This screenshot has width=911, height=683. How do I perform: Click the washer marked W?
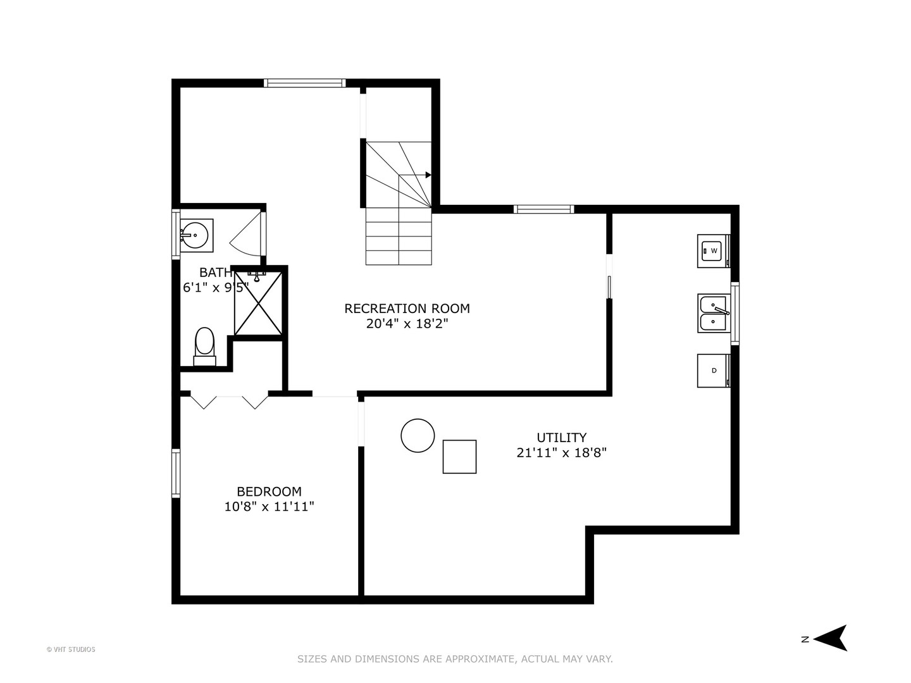click(x=714, y=251)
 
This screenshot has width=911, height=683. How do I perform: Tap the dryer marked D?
click(x=714, y=371)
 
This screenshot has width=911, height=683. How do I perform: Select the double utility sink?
click(x=714, y=313)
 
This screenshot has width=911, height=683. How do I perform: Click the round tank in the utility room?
click(x=418, y=436)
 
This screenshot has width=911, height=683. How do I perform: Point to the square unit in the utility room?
click(x=459, y=457)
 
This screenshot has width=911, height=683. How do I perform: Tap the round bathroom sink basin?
click(x=195, y=235)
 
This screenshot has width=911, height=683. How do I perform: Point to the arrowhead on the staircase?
click(x=428, y=175)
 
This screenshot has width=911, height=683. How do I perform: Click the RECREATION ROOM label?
click(x=407, y=309)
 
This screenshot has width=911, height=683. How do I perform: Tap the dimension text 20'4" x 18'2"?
click(x=407, y=323)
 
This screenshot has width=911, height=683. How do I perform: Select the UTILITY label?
click(x=562, y=438)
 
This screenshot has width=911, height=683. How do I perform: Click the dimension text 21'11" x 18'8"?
click(x=562, y=452)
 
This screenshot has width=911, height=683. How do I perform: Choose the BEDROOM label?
click(x=269, y=491)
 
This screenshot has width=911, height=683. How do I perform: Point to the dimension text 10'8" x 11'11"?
click(x=269, y=507)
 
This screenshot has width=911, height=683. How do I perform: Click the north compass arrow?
click(x=831, y=638)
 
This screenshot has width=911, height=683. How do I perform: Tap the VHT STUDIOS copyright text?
click(x=71, y=649)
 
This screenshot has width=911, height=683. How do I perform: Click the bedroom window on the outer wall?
click(x=176, y=473)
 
